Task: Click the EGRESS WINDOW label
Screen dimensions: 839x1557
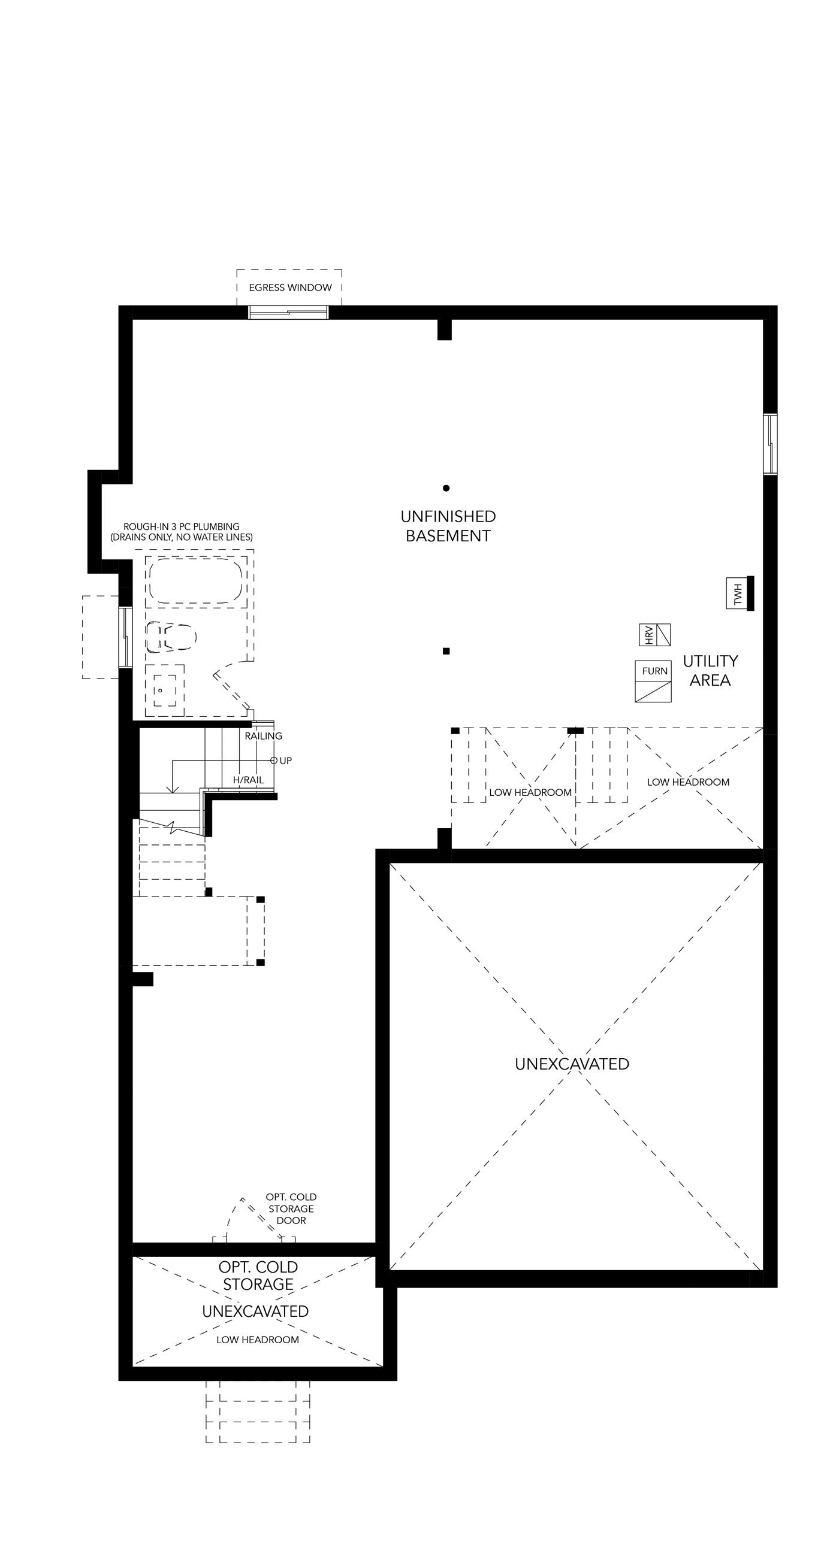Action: pos(290,287)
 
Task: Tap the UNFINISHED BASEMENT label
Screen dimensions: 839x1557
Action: pos(448,526)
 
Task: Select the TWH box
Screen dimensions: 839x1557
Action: pos(737,593)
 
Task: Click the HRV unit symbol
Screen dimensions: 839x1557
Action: pos(655,635)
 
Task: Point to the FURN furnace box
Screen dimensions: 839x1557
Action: pos(653,681)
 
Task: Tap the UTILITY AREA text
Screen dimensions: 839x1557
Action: pos(710,670)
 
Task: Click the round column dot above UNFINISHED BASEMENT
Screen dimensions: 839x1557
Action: pos(446,488)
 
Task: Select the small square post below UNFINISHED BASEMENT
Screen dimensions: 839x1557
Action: pos(446,651)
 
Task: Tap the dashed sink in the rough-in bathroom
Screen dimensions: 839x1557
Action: pos(165,690)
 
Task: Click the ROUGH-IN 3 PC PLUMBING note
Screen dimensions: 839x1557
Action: pos(182,532)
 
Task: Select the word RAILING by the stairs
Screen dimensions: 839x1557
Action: pos(264,736)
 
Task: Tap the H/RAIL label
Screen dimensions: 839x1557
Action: pos(249,780)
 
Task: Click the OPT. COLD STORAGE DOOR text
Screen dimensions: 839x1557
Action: pos(291,1209)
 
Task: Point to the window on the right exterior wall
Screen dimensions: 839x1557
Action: pos(770,444)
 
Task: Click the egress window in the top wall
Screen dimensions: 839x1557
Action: pos(288,313)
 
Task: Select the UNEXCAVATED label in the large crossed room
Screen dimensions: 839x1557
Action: pos(572,1064)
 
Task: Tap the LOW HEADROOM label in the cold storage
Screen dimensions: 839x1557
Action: pos(258,1340)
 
